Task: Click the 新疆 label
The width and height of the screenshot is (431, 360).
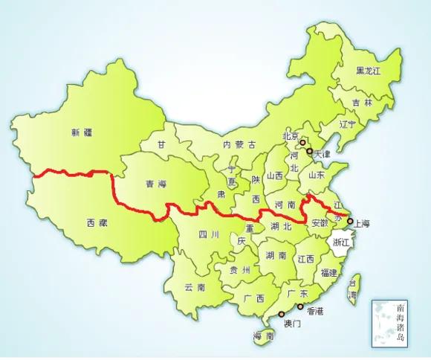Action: click(82, 133)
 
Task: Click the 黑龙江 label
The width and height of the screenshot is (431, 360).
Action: click(367, 71)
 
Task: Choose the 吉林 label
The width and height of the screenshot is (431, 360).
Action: click(362, 103)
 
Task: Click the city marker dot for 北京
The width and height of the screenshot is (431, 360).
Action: click(302, 141)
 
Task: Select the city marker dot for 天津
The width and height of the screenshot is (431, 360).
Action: click(309, 151)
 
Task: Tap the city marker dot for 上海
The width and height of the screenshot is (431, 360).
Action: click(350, 221)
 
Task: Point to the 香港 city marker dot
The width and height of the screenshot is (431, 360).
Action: click(300, 306)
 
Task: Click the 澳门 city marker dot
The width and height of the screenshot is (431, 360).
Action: click(282, 314)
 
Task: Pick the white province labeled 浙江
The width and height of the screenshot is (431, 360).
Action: click(341, 242)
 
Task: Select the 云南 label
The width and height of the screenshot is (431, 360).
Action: click(195, 287)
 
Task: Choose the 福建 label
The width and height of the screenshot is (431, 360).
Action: click(329, 273)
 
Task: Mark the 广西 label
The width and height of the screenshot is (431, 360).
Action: click(254, 298)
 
